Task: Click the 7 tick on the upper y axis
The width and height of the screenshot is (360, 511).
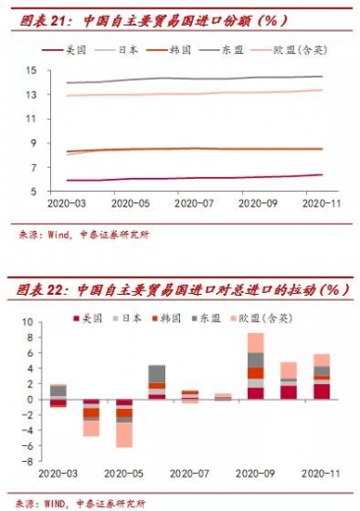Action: pos(31,167)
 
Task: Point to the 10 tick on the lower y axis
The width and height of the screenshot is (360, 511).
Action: pos(28,322)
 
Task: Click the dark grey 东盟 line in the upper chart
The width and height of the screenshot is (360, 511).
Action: pos(197,79)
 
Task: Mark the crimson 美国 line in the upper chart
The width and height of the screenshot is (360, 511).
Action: pos(197,178)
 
